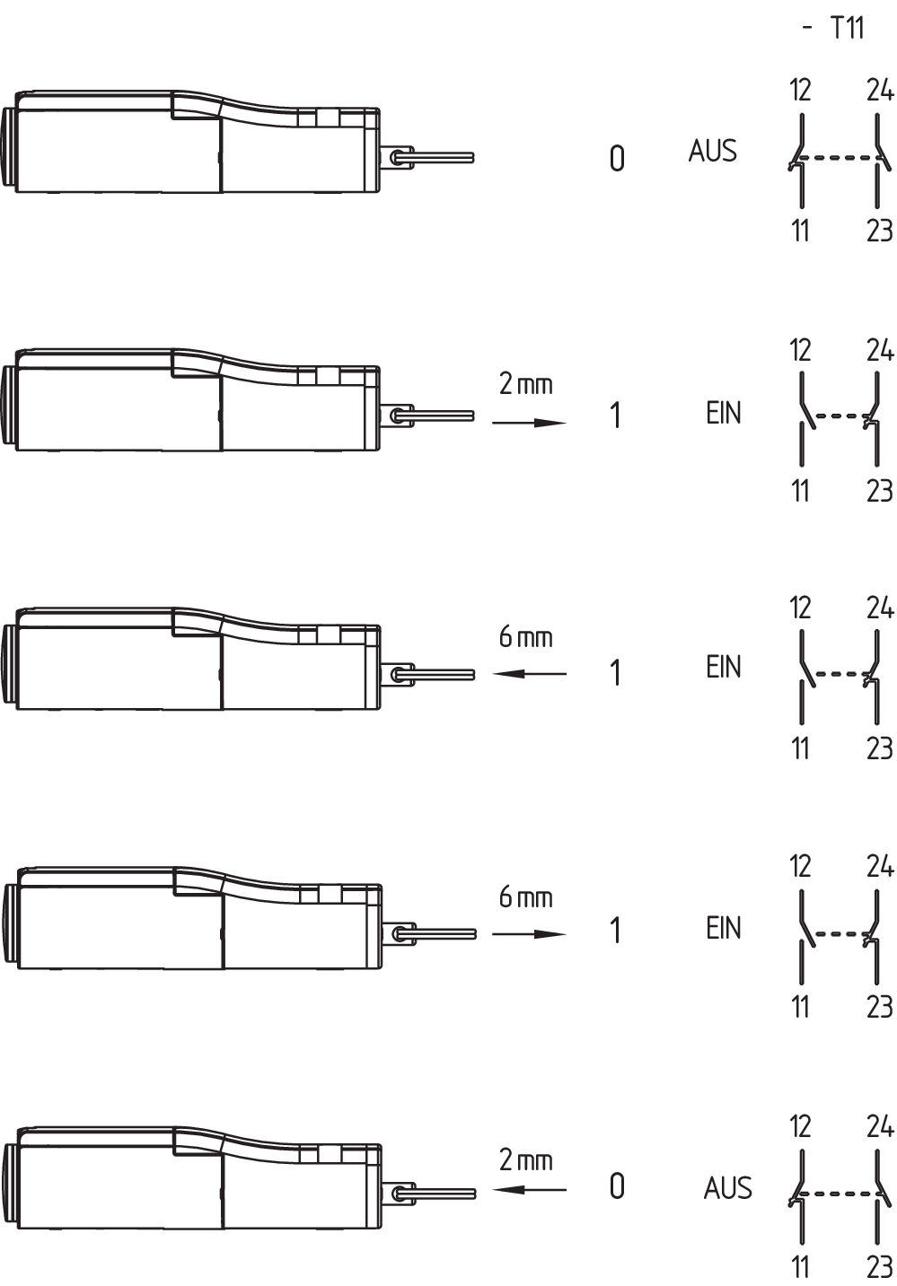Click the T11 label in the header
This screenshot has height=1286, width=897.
pos(847,28)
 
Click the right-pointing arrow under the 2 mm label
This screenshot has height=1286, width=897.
pos(529,423)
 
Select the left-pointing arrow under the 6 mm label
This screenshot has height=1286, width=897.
pos(529,673)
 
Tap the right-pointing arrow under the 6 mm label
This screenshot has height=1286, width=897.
pos(529,934)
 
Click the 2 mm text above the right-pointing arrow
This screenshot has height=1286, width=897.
pos(525,384)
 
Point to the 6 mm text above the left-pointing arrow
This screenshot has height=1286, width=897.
pos(525,636)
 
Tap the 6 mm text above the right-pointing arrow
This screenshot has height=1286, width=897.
pos(525,897)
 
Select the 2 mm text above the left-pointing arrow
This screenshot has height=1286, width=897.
pos(525,1160)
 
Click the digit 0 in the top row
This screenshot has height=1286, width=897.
pos(617,159)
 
